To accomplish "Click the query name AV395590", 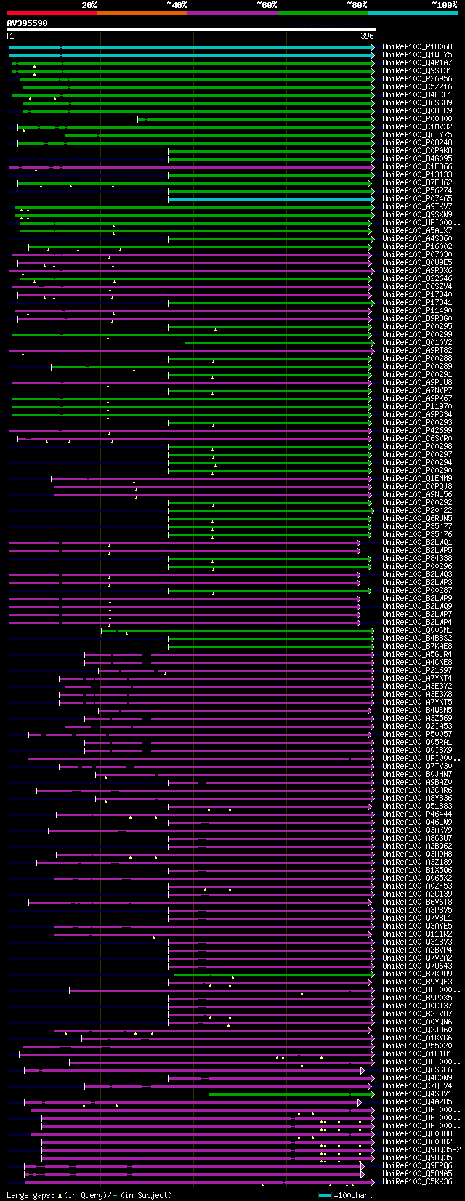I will [27, 23].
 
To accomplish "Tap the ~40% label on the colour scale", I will [177, 5].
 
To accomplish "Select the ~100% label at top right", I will [444, 5].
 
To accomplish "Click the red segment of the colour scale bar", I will [52, 13].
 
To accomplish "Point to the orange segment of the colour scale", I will [142, 13].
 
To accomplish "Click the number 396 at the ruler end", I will [367, 36].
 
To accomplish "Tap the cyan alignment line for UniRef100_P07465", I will [269, 199].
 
